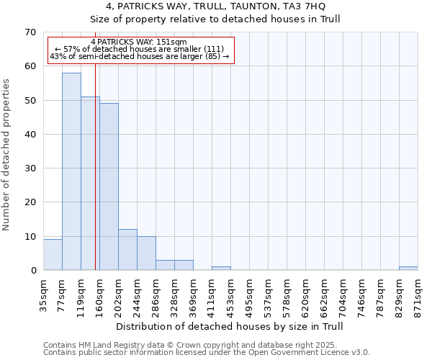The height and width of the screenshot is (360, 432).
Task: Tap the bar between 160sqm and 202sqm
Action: [109, 186]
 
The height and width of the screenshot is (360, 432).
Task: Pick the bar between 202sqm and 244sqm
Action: [127, 250]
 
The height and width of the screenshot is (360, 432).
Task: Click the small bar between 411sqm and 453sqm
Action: [221, 268]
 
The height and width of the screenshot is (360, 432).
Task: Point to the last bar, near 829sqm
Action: [408, 268]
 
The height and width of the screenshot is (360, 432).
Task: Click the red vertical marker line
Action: [95, 180]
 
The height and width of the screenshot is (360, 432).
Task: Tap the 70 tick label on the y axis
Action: [30, 32]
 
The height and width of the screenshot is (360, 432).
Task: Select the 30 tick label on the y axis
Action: [30, 168]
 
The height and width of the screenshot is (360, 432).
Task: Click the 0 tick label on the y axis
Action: [32, 271]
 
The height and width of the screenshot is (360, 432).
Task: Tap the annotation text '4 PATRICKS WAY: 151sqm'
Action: [140, 42]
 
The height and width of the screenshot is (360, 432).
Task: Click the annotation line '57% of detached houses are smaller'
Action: [140, 49]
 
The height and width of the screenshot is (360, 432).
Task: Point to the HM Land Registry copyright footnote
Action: [205, 345]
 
